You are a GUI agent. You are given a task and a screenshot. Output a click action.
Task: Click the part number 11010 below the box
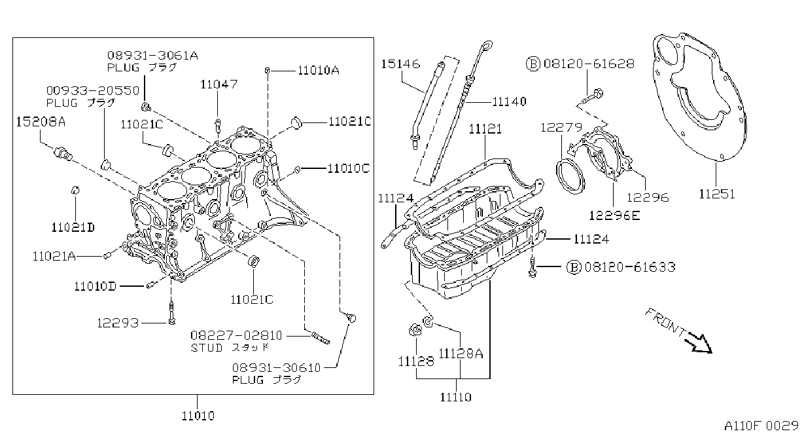click(198, 416)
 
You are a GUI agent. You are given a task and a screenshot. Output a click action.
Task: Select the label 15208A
click(41, 122)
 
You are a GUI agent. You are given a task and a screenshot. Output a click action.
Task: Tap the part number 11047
click(219, 84)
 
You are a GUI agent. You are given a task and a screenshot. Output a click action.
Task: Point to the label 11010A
click(319, 71)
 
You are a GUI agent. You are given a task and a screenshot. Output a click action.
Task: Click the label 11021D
click(73, 227)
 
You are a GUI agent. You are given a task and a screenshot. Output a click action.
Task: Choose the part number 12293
click(118, 323)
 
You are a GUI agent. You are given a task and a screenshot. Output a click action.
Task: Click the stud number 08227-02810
click(236, 335)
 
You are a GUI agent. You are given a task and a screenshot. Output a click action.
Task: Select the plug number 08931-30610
click(276, 368)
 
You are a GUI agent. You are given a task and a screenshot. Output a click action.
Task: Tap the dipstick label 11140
click(509, 101)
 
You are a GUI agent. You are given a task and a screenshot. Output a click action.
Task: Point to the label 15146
click(400, 64)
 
